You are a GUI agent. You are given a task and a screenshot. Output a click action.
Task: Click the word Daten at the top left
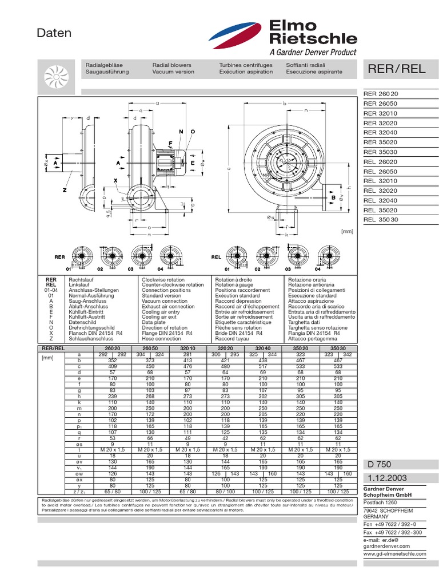coord(54,33)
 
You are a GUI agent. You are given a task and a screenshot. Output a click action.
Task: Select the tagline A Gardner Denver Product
coord(312,52)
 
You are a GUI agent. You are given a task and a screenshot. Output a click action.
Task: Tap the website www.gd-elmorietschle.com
coord(395,554)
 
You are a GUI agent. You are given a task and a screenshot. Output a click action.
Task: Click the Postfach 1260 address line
coord(381,501)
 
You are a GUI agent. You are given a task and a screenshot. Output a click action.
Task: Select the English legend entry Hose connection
coord(161,339)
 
